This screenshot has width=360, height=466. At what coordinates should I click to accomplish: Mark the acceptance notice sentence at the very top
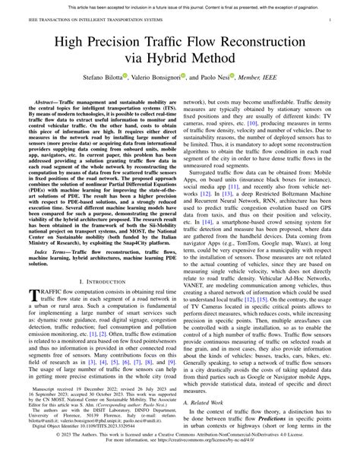(180, 5)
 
